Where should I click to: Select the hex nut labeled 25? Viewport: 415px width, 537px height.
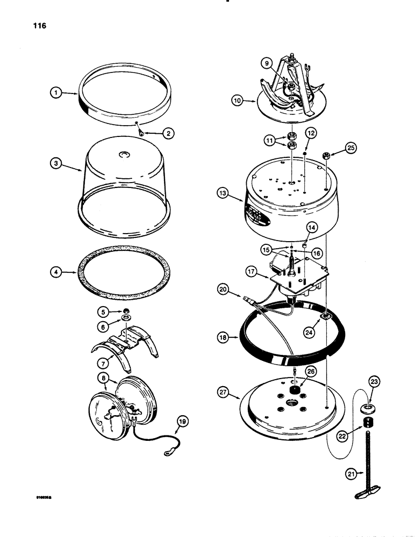(x=326, y=157)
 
